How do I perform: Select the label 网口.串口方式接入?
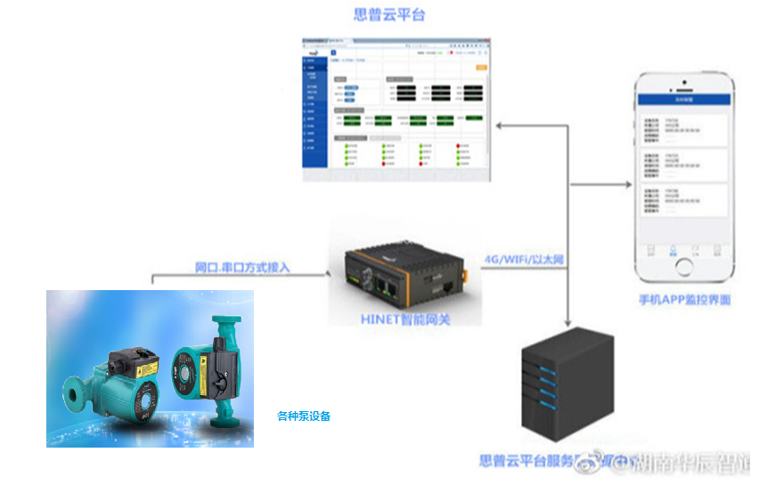click(242, 267)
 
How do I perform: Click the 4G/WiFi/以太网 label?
click(524, 260)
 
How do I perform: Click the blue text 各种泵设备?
click(303, 416)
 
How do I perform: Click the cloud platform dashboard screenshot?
click(396, 109)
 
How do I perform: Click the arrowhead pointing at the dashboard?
click(501, 125)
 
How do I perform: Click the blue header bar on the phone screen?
click(684, 101)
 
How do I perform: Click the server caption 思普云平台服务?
click(526, 462)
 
